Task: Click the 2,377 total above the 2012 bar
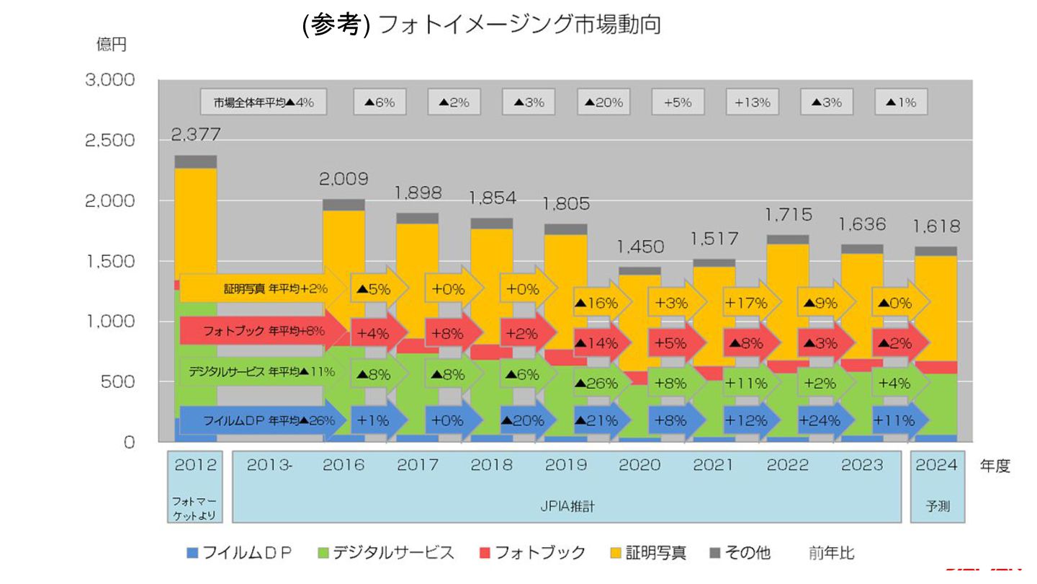(x=195, y=134)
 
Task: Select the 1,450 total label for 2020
(x=640, y=247)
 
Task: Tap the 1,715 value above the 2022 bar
(x=788, y=214)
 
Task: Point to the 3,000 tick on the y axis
(x=110, y=80)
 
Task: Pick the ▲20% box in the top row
(x=603, y=102)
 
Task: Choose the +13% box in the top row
(x=752, y=102)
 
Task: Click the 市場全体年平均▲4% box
(x=263, y=102)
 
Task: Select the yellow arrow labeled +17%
(x=749, y=304)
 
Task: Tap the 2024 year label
(x=937, y=465)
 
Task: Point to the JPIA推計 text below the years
(x=567, y=507)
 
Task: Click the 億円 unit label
(x=112, y=44)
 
